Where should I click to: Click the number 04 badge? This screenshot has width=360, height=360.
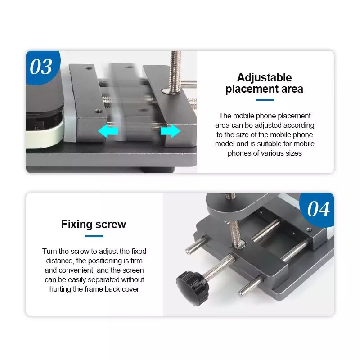pyautogui.click(x=318, y=210)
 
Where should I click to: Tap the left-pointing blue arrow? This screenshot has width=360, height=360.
pyautogui.click(x=108, y=131)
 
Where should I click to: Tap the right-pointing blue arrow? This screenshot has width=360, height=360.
pyautogui.click(x=170, y=131)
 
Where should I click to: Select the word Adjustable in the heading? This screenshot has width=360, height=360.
pyautogui.click(x=264, y=77)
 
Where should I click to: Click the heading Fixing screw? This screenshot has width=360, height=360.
pyautogui.click(x=94, y=224)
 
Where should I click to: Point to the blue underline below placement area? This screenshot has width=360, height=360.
pyautogui.click(x=264, y=100)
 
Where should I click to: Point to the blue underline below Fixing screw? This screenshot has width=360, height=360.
pyautogui.click(x=94, y=236)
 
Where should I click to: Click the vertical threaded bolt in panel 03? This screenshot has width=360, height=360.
pyautogui.click(x=175, y=70)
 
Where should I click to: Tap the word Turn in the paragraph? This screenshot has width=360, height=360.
pyautogui.click(x=50, y=251)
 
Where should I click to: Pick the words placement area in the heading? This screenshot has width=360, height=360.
pyautogui.click(x=264, y=89)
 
